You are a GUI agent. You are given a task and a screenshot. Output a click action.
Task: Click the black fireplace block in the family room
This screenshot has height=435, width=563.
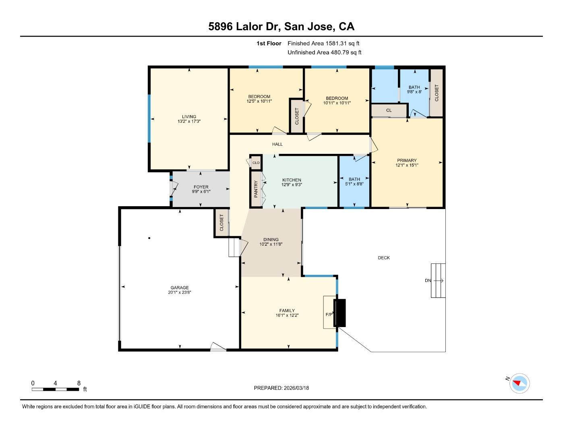coord(340,313)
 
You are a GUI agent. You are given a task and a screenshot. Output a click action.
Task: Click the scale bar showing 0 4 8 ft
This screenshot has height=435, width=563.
coord(56,389)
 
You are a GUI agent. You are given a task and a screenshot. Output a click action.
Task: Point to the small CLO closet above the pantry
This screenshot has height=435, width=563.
coord(256,163)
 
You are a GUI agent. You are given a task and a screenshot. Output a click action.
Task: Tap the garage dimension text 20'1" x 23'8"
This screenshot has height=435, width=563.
coord(180,293)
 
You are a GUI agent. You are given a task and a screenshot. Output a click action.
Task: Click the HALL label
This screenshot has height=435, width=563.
coord(277,144)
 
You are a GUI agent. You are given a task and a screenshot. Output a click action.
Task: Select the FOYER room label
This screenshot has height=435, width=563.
coord(201,187)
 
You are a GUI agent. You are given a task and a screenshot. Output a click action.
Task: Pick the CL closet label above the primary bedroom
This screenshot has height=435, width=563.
coord(389,110)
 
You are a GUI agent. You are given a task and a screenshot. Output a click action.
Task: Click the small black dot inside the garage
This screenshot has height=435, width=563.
coord(149,238)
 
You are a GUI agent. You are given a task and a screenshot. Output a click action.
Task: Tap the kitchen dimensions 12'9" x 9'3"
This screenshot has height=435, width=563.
coord(292,185)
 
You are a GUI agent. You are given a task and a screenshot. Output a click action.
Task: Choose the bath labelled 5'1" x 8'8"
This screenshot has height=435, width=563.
coord(354,182)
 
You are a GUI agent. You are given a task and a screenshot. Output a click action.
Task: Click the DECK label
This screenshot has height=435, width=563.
coord(384,258)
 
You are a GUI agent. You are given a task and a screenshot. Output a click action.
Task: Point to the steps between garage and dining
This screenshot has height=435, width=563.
coord(234,247)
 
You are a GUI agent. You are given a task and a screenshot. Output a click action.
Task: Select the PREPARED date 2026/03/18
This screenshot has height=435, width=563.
coord(296,388)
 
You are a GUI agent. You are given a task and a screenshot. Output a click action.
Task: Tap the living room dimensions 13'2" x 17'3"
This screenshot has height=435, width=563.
coord(189,121)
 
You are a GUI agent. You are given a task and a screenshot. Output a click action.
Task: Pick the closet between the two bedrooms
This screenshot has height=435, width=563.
coord(297,116)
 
